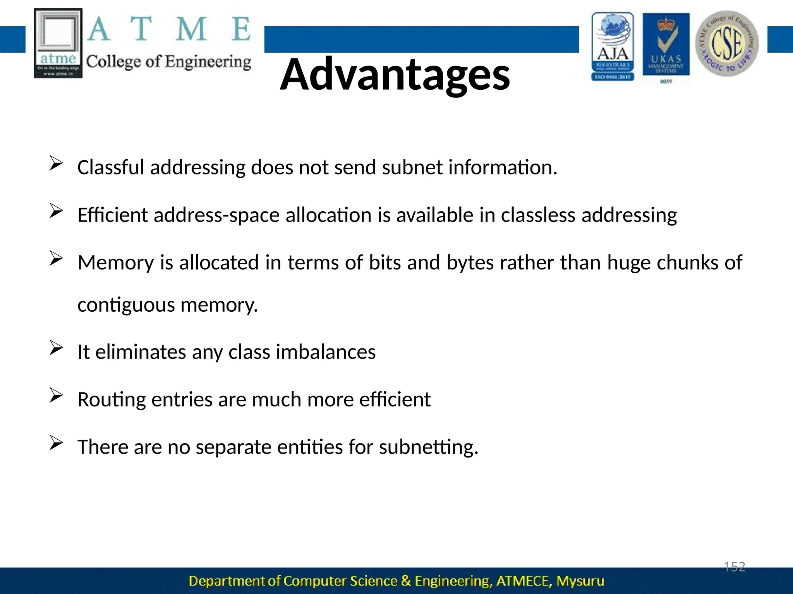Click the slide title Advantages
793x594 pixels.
pyautogui.click(x=395, y=74)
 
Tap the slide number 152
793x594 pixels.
pyautogui.click(x=734, y=567)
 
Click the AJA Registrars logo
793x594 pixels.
pyautogui.click(x=613, y=46)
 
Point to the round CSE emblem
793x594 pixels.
pyautogui.click(x=727, y=43)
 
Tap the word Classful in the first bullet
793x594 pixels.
pyautogui.click(x=111, y=167)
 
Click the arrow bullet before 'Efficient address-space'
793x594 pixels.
pyautogui.click(x=56, y=211)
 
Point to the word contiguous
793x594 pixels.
pyautogui.click(x=126, y=305)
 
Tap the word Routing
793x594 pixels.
pyautogui.click(x=112, y=400)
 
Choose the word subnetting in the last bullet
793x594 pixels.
pyautogui.click(x=428, y=447)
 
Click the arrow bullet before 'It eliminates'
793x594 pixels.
pyautogui.click(x=56, y=348)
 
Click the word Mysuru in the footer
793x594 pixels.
pyautogui.click(x=580, y=581)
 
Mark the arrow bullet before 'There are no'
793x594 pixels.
pyautogui.click(x=56, y=443)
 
